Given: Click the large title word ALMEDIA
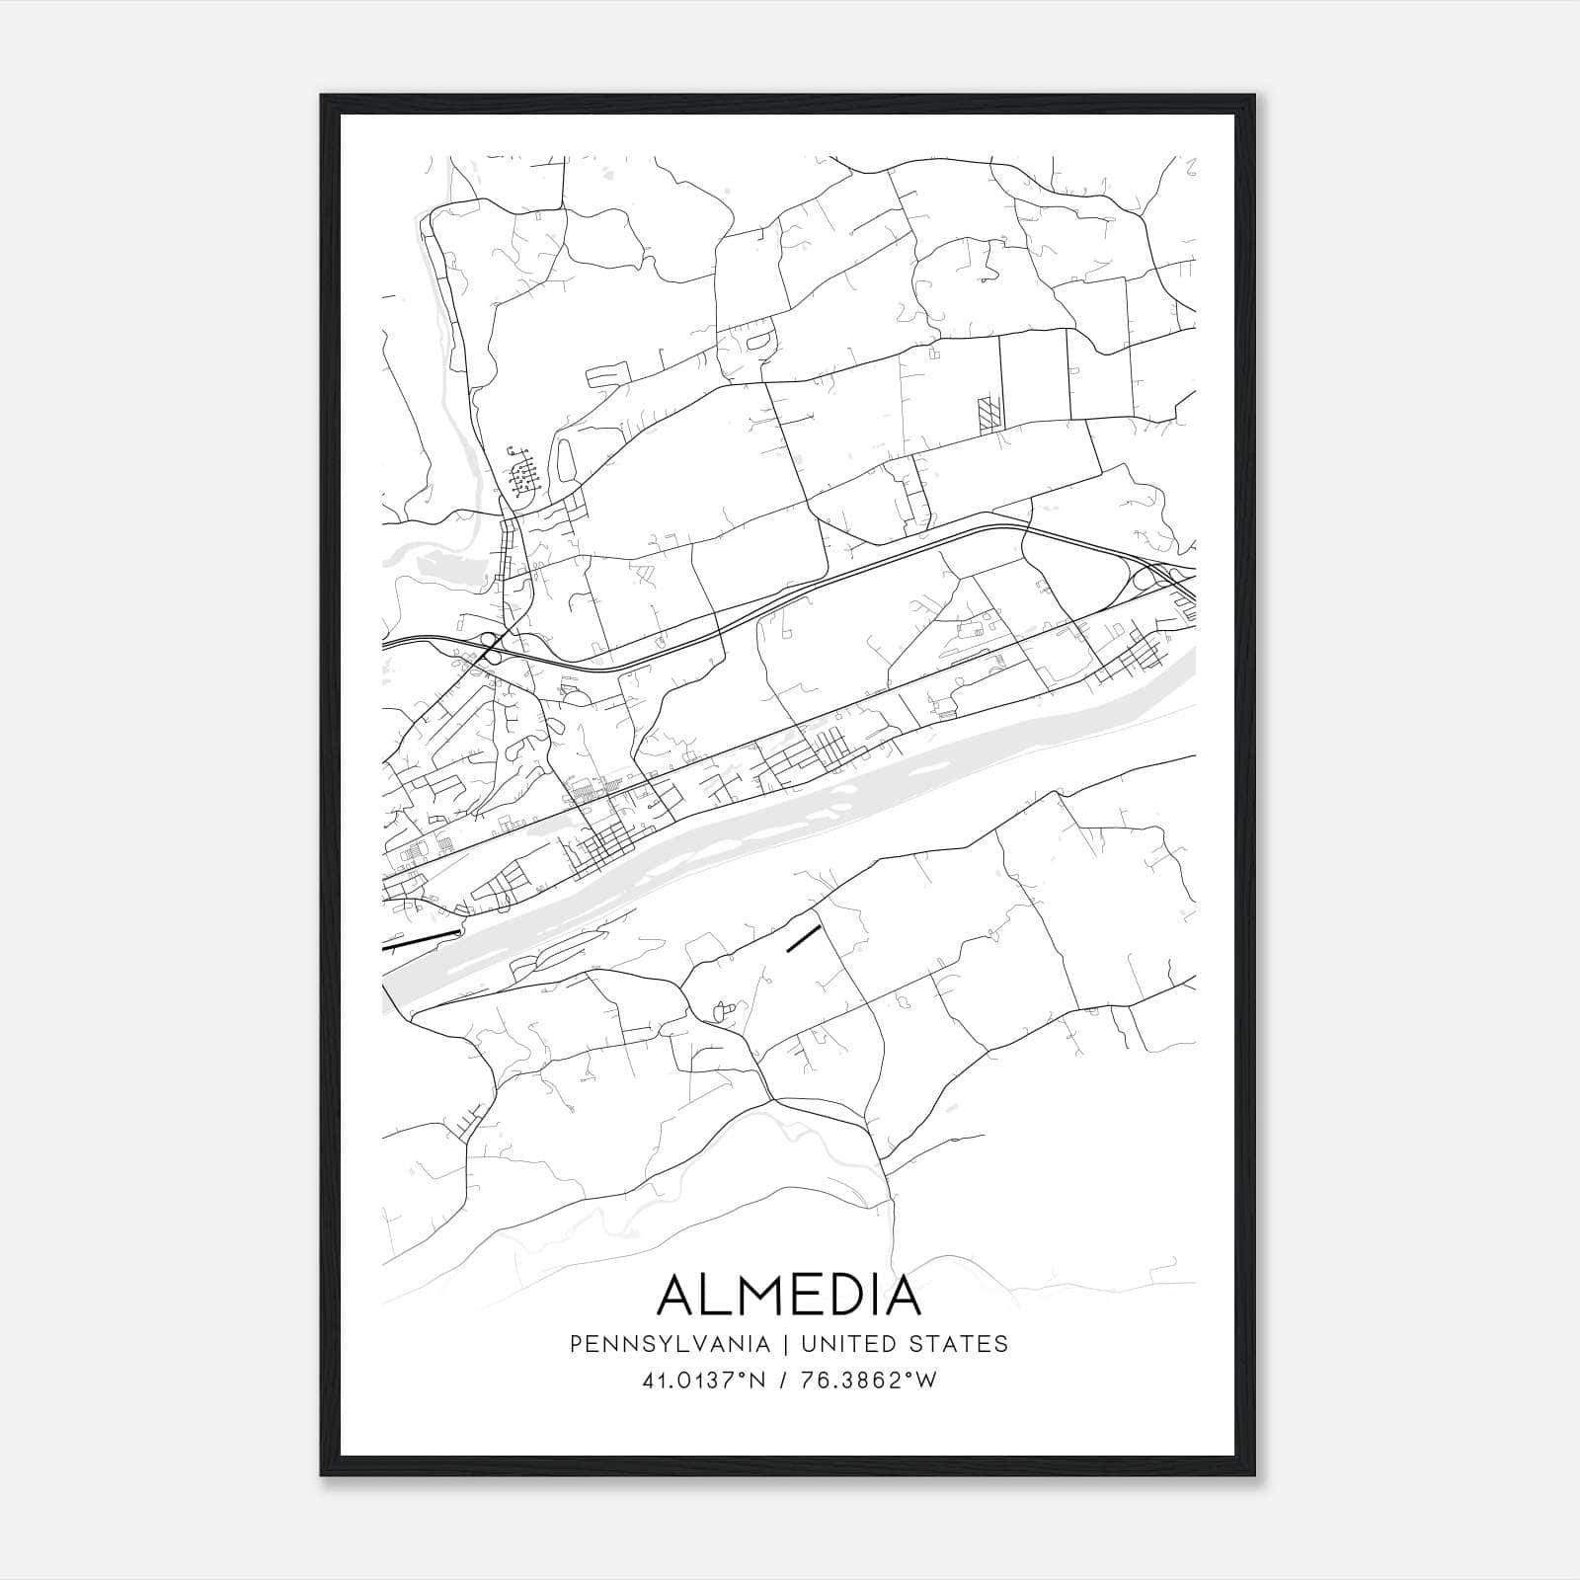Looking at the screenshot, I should [x=789, y=1295].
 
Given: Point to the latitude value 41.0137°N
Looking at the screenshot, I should [x=703, y=1381].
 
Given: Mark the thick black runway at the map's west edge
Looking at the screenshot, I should [x=422, y=939].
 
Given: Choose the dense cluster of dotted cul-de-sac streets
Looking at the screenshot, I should [x=523, y=471].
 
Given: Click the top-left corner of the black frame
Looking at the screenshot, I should [x=323, y=97].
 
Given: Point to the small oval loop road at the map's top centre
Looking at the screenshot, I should [x=758, y=341].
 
